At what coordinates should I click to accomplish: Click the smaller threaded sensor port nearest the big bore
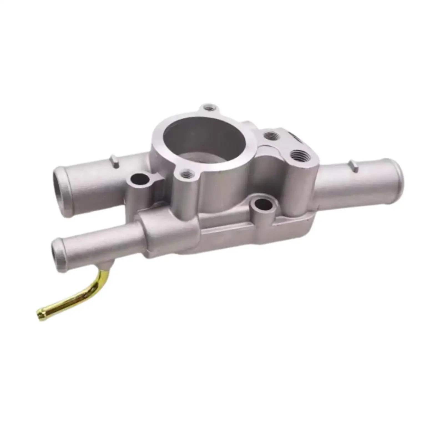(x=272, y=136)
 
